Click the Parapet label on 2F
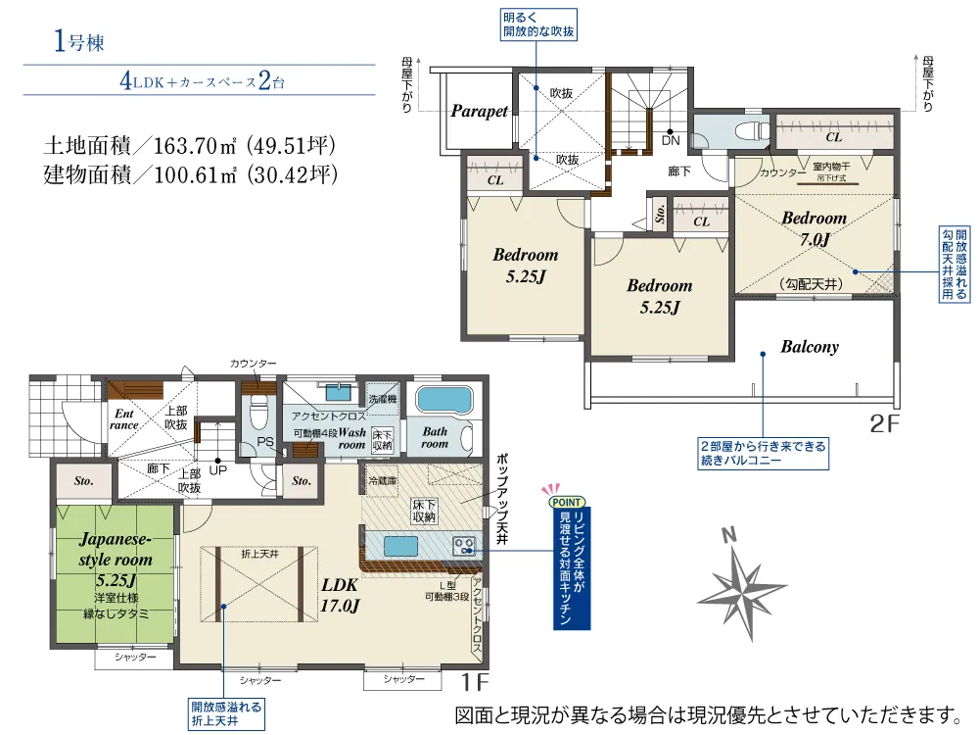point(479,112)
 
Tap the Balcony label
point(810,347)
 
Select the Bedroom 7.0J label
point(815,228)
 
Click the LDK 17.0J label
point(340,595)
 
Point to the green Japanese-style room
point(115,573)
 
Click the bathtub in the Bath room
point(443,401)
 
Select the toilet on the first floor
point(258,413)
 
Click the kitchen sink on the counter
point(400,546)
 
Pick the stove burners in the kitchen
point(464,546)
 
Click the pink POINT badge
point(567,502)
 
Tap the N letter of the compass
point(728,535)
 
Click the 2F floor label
point(885,424)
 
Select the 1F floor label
point(475,682)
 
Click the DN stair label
point(671,140)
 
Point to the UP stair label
point(218,470)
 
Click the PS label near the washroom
point(265,442)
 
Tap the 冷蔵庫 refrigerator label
point(382,480)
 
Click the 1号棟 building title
point(78,41)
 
